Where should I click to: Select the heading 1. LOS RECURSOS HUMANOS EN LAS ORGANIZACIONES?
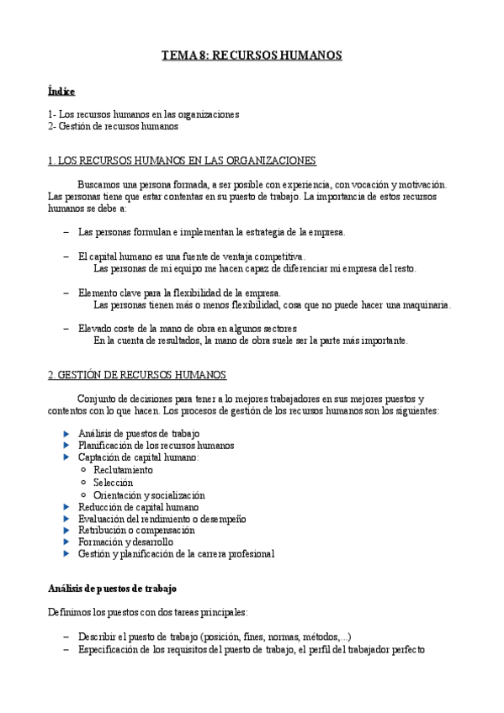183,160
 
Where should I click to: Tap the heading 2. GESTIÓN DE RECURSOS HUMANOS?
138,375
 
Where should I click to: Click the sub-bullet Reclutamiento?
124,470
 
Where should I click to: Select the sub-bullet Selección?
114,483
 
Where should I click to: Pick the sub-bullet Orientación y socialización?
149,495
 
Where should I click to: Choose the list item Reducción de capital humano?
138,507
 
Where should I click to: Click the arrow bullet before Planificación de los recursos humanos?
67,446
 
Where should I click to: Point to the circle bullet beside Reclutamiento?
83,470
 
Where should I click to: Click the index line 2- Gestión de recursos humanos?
113,126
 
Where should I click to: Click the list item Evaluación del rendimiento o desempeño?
162,519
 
